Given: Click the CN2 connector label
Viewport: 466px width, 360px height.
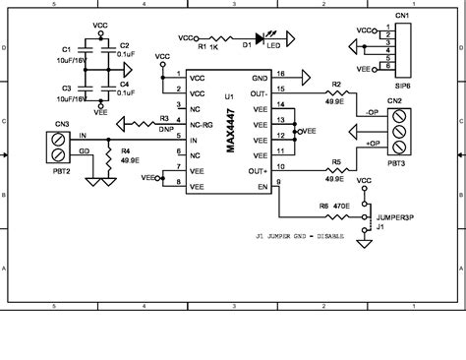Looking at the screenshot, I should [393, 101].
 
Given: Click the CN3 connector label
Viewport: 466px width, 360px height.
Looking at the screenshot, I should [61, 123].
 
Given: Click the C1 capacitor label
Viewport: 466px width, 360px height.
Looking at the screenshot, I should [67, 49].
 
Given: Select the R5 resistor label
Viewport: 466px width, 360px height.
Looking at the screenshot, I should [335, 161].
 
